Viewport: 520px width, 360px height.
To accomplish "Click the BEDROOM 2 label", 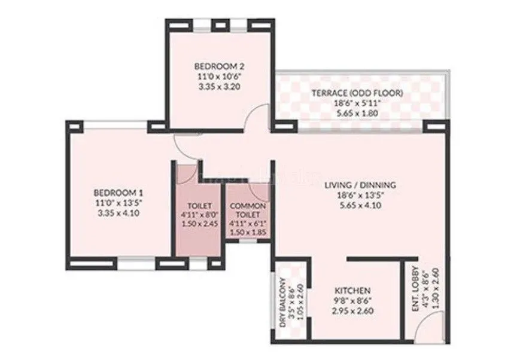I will click(220, 66).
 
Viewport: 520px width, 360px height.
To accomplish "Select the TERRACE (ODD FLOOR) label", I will click(357, 93).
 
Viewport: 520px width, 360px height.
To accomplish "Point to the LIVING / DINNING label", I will click(357, 185).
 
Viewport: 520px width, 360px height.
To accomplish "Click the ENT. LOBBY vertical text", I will click(415, 293).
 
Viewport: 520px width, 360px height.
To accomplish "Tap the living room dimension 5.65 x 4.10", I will click(357, 205).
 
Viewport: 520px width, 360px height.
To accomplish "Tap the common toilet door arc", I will click(259, 190).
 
